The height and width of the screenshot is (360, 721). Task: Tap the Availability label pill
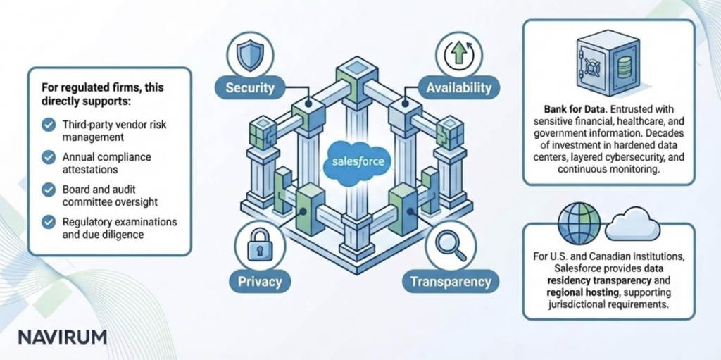pos(458,89)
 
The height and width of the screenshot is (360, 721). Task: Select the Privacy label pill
pos(254,282)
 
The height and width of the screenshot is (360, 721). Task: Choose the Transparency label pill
pos(451,282)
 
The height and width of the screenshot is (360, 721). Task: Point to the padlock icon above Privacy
pos(254,248)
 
